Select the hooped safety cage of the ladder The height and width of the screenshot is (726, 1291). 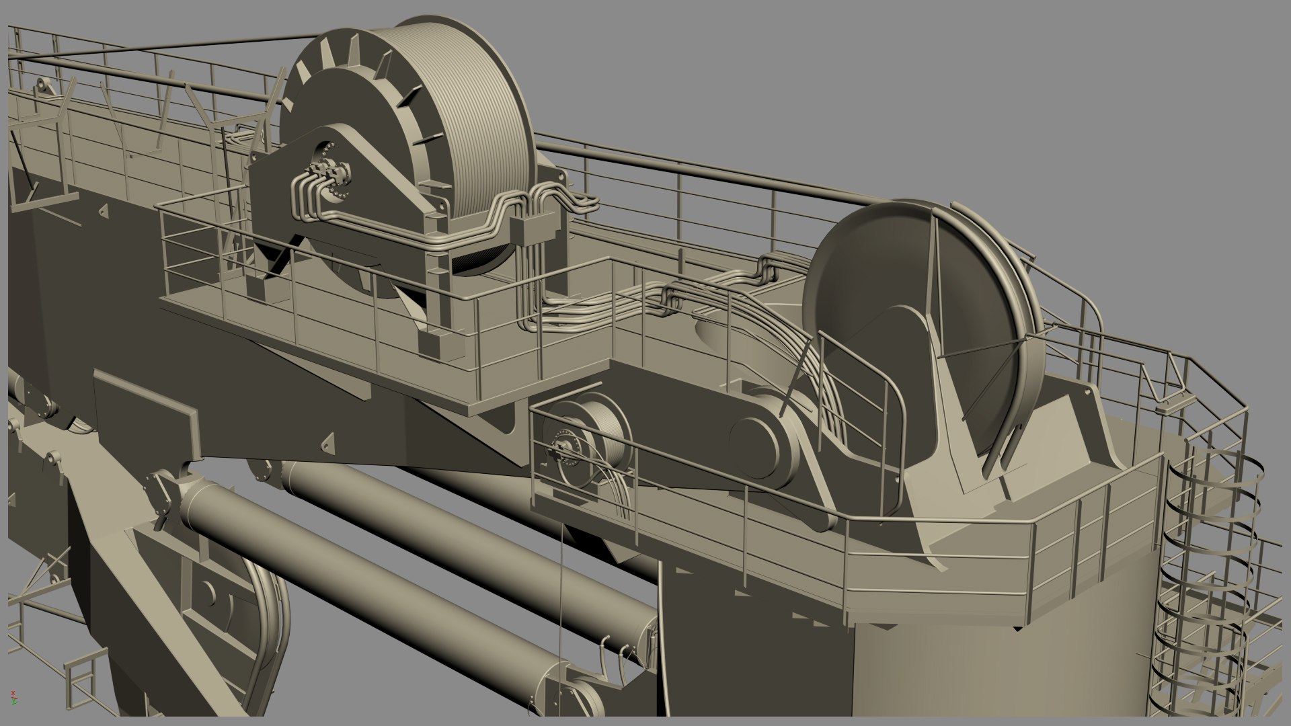(1204, 571)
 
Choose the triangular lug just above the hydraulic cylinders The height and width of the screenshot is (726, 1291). (327, 442)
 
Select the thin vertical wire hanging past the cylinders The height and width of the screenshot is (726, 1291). (560, 605)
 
